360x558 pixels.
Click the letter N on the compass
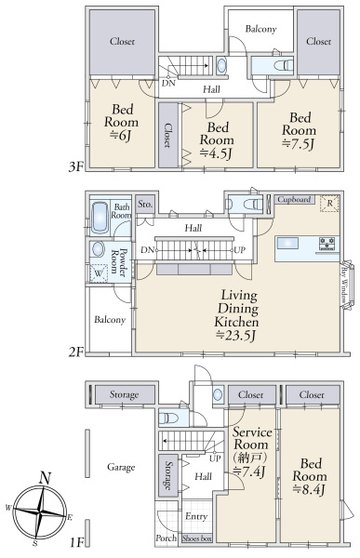coord(45,478)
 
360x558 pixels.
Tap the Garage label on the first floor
coord(121,467)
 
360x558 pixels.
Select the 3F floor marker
coord(76,166)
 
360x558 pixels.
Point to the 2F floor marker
coord(76,352)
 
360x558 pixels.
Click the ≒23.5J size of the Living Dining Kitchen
coord(236,335)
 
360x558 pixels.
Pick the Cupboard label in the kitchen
coord(294,199)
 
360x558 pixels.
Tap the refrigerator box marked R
coord(329,204)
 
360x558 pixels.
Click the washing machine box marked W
coord(99,273)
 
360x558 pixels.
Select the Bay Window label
coord(345,286)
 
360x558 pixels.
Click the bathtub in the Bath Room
coord(100,219)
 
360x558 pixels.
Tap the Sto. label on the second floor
coord(145,205)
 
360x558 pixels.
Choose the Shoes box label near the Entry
coord(196,538)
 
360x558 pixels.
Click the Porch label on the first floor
coord(166,538)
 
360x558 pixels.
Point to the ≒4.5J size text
coord(216,153)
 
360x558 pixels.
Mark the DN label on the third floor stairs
coord(168,84)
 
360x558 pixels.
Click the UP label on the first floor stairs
coord(215,458)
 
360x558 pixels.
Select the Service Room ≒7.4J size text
coord(249,472)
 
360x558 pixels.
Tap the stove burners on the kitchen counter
coord(327,244)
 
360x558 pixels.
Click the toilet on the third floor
coord(284,65)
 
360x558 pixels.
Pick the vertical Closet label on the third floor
coord(168,135)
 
